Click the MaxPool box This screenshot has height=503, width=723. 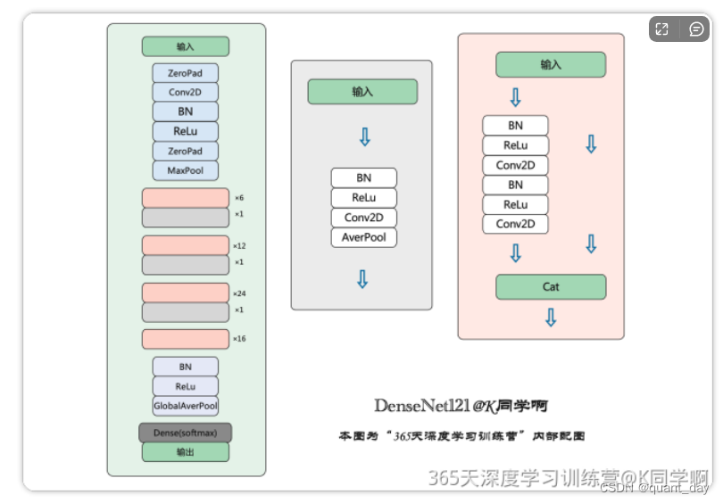pyautogui.click(x=185, y=170)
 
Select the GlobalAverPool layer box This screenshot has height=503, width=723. pyautogui.click(x=185, y=406)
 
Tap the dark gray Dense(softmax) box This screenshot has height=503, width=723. pyautogui.click(x=185, y=433)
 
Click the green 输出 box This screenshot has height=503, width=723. pyautogui.click(x=185, y=452)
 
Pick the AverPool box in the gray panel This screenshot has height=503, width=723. pyautogui.click(x=363, y=237)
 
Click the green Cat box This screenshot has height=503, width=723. pyautogui.click(x=551, y=287)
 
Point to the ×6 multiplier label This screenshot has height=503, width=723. pyautogui.click(x=239, y=198)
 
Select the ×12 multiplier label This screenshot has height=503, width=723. pyautogui.click(x=239, y=245)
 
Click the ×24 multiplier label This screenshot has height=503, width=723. pyautogui.click(x=239, y=293)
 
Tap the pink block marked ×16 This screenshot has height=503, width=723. pyautogui.click(x=185, y=339)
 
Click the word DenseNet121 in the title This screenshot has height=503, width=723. pyautogui.click(x=421, y=406)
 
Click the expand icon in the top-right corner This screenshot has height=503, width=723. pyautogui.click(x=661, y=29)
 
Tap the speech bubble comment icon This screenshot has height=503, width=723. pyautogui.click(x=696, y=29)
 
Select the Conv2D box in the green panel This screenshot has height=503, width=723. pyautogui.click(x=185, y=92)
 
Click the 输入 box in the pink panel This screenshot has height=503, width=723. pyautogui.click(x=551, y=64)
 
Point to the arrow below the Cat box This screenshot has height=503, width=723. pyautogui.click(x=551, y=317)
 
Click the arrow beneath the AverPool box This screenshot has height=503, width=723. pyautogui.click(x=362, y=279)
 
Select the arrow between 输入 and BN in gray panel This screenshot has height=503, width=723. pyautogui.click(x=363, y=136)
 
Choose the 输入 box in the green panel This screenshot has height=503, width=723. pyautogui.click(x=185, y=46)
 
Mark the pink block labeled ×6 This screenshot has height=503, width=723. pyautogui.click(x=185, y=198)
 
